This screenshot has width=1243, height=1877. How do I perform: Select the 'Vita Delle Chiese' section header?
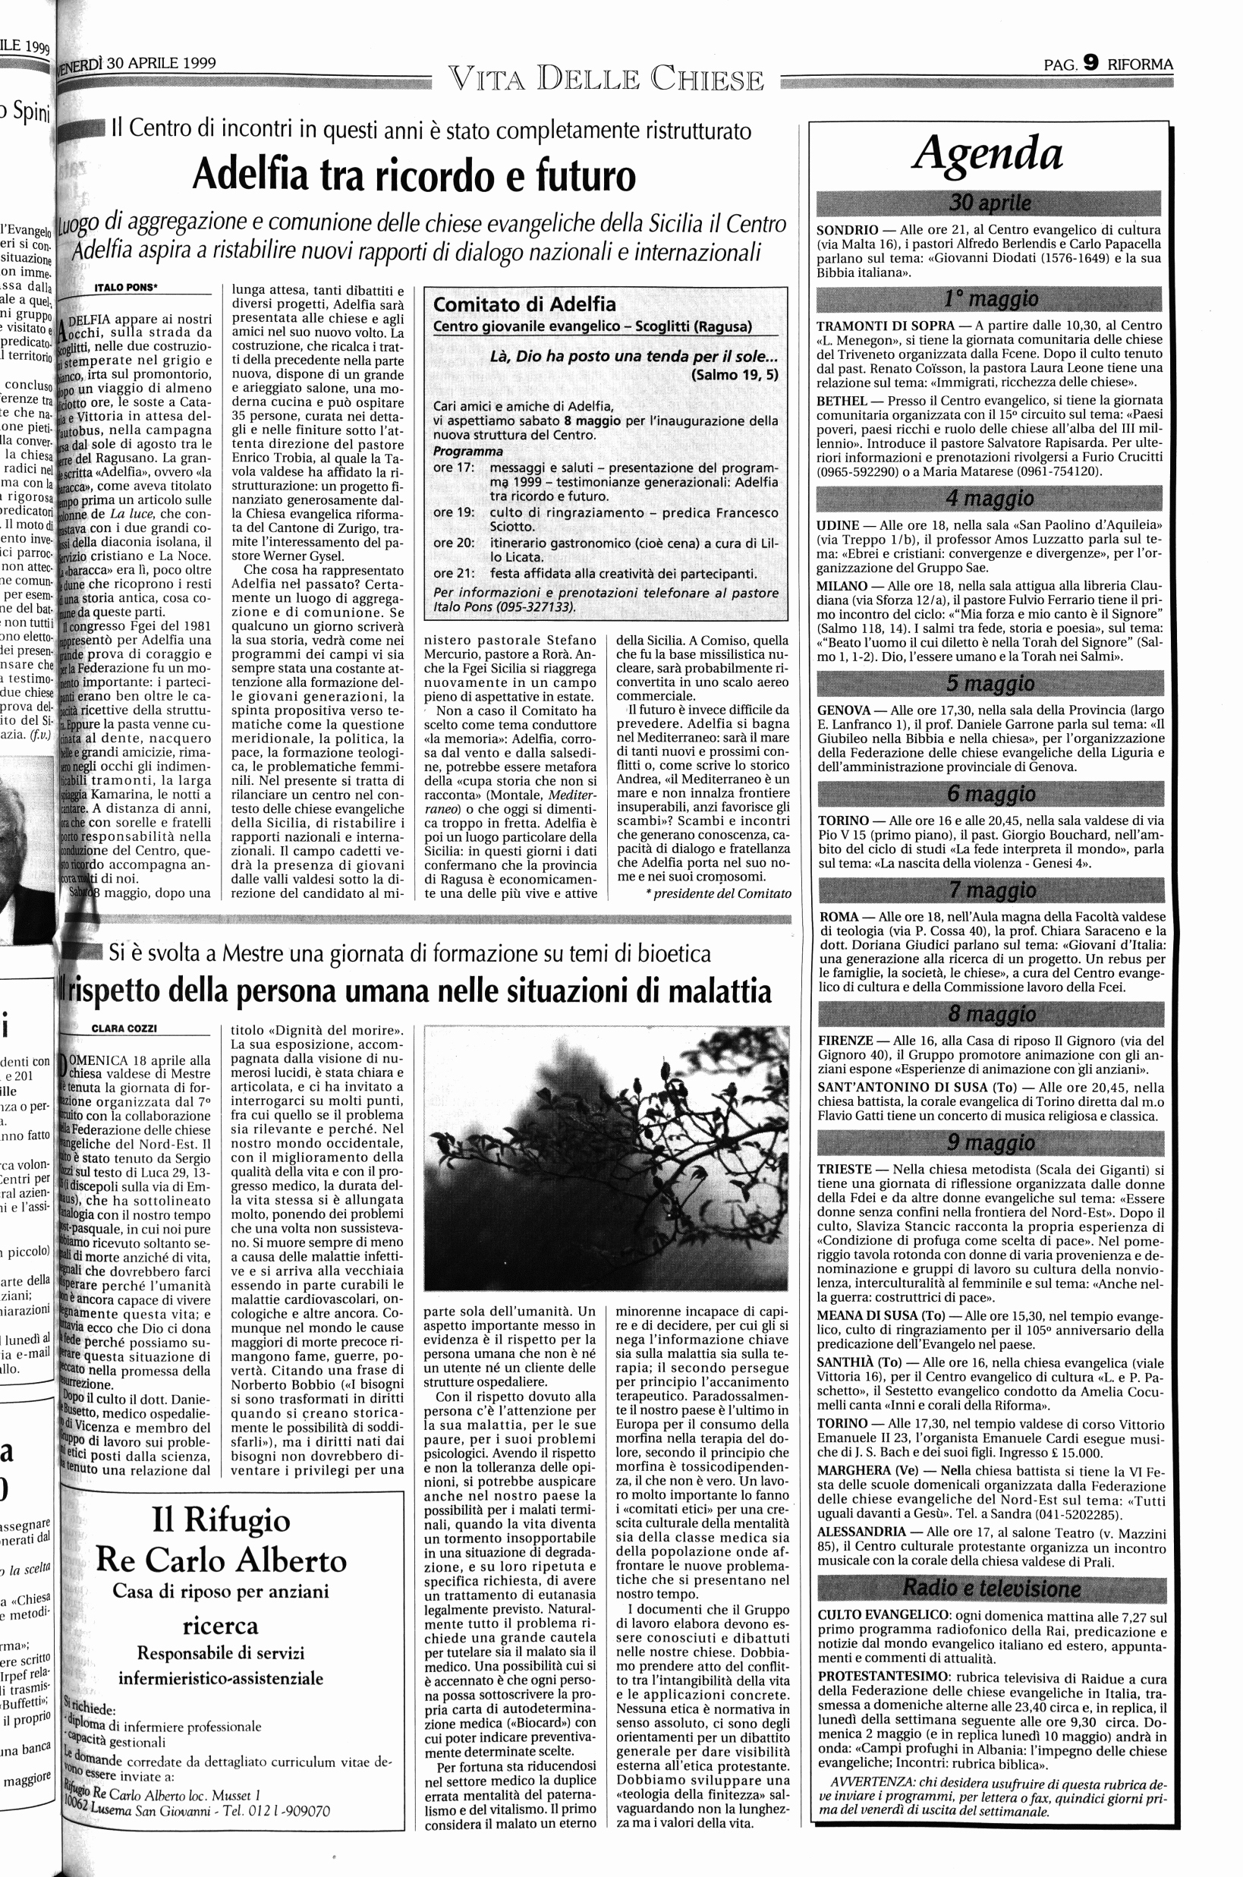coord(606,80)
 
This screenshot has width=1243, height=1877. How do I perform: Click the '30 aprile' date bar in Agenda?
coord(989,203)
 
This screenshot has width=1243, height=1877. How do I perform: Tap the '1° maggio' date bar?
coord(989,299)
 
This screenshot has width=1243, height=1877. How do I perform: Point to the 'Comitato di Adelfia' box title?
coord(525,304)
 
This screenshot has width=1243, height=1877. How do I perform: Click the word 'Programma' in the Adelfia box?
coord(467,451)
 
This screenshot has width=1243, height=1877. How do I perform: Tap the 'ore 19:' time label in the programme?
coord(455,512)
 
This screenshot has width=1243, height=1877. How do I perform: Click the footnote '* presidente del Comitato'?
coord(718,893)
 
